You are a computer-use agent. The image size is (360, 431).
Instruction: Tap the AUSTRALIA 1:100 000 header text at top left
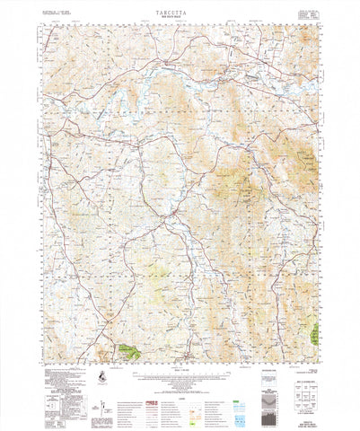[55, 10]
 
